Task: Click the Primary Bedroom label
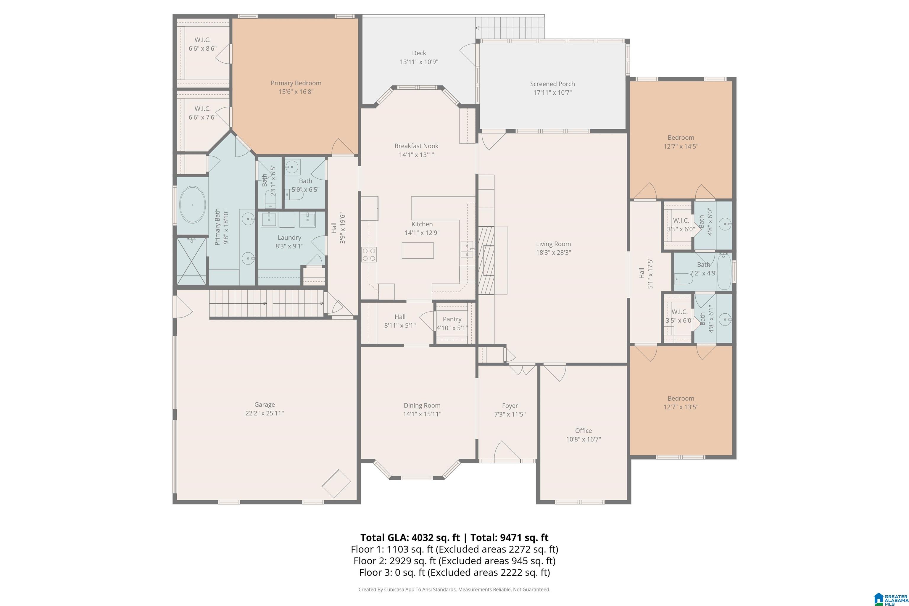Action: click(296, 83)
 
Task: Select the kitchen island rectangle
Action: click(418, 250)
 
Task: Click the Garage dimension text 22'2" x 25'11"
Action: click(264, 413)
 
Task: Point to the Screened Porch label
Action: click(552, 84)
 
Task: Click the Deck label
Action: click(419, 53)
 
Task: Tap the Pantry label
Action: click(452, 319)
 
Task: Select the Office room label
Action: click(583, 431)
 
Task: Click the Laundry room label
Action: click(289, 238)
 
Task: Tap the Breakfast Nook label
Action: click(416, 146)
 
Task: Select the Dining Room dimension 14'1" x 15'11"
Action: click(422, 414)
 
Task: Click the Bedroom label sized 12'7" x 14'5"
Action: click(681, 138)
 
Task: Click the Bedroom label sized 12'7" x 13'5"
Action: click(681, 399)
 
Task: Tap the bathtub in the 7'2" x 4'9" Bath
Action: click(724, 272)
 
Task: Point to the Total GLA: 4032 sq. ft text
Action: click(410, 538)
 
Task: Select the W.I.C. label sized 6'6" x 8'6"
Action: click(202, 40)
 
